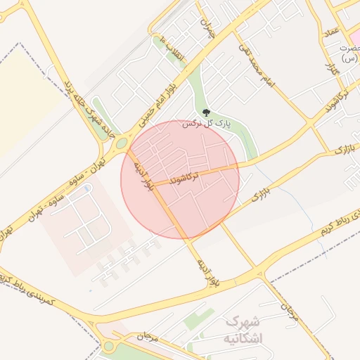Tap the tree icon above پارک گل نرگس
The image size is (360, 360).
click(206, 113)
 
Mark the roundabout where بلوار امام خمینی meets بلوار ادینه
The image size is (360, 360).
click(122, 143)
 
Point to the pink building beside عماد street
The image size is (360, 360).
click(355, 35)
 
